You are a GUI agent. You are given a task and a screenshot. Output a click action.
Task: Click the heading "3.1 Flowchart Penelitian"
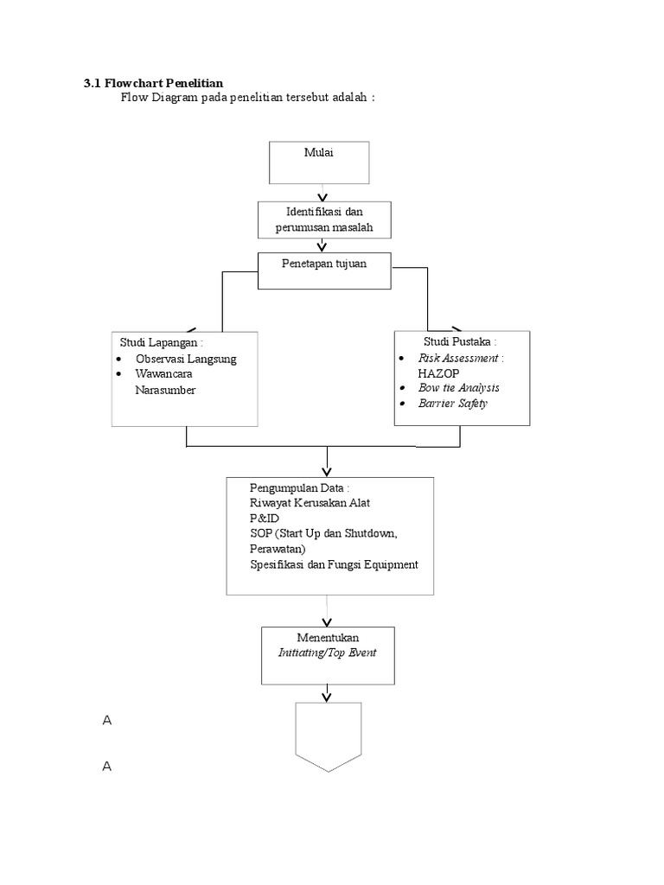click(x=153, y=83)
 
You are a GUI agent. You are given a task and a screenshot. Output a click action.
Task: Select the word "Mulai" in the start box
click(x=318, y=153)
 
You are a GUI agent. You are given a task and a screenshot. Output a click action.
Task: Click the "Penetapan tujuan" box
click(x=324, y=264)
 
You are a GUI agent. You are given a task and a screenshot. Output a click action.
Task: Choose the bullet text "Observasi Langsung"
click(x=185, y=359)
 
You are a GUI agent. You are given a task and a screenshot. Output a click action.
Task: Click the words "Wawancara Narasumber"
click(x=165, y=382)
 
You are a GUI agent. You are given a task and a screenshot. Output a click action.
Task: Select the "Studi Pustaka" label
click(x=460, y=342)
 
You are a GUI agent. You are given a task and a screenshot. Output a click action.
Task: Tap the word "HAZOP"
click(x=439, y=372)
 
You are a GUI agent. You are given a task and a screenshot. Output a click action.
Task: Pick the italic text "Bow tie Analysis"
click(x=458, y=388)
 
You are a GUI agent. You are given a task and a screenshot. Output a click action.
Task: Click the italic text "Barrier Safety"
click(x=453, y=404)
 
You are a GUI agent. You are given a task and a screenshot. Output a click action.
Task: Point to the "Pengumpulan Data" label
click(x=298, y=489)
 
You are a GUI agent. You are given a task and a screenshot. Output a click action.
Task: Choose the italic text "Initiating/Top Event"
click(x=327, y=653)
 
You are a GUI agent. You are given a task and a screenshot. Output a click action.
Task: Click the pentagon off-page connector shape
click(x=329, y=735)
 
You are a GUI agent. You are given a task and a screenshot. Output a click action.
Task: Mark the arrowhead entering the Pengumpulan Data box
click(x=327, y=471)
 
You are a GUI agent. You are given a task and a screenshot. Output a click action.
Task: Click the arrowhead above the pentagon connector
click(x=327, y=696)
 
